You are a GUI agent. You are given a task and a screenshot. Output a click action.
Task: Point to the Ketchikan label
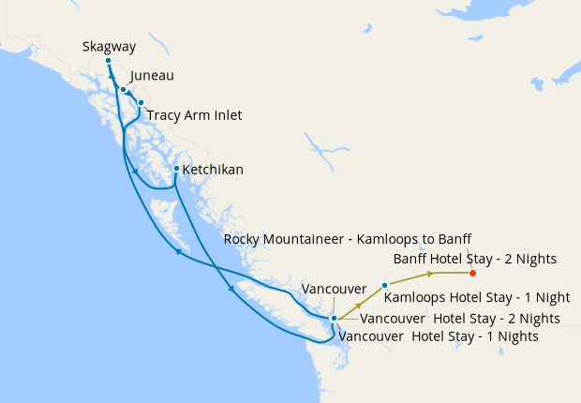coord(213,170)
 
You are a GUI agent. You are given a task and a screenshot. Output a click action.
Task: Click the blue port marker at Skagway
coord(108,60)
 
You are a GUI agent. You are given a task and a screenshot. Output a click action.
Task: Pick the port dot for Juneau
coord(123,89)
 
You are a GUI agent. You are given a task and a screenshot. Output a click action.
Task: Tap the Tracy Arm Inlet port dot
coord(141,102)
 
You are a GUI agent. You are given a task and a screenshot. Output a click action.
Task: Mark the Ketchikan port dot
coord(176,169)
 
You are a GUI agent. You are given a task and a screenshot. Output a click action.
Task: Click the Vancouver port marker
coord(334,319)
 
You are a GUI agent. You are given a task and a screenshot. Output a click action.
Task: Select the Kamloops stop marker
coord(385,284)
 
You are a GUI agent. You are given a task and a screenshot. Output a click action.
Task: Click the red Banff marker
coord(472,273)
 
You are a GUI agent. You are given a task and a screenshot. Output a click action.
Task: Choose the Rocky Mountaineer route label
coord(348,239)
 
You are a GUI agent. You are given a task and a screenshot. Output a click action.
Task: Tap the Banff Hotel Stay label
coord(475,258)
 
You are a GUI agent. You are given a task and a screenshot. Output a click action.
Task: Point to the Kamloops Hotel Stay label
coord(477,297)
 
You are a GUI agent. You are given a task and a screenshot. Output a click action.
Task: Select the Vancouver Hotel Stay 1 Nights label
coord(439,335)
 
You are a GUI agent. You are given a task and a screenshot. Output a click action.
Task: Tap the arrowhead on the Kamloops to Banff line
coord(431,274)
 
